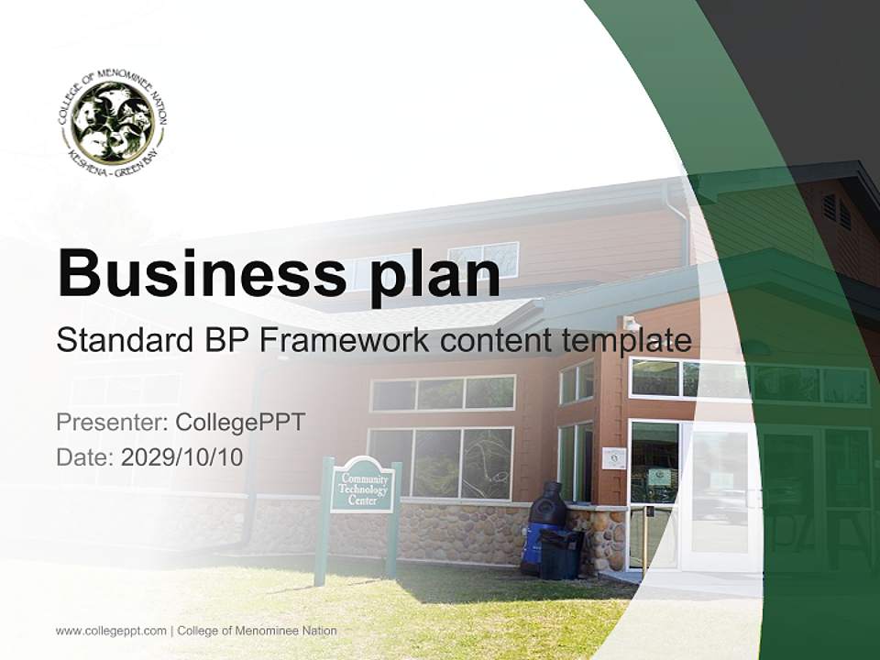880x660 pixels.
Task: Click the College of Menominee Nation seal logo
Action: pyautogui.click(x=112, y=123)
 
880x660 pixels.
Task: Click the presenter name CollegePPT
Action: pyautogui.click(x=240, y=423)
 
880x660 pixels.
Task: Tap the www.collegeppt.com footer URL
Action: pyautogui.click(x=111, y=631)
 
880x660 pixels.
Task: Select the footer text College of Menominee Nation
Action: pyautogui.click(x=257, y=631)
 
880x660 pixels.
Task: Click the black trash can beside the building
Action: pyautogui.click(x=560, y=554)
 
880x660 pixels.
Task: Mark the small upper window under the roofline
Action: pyautogui.click(x=484, y=258)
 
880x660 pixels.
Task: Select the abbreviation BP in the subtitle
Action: pyautogui.click(x=231, y=340)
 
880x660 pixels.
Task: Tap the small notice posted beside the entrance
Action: pyautogui.click(x=614, y=457)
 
